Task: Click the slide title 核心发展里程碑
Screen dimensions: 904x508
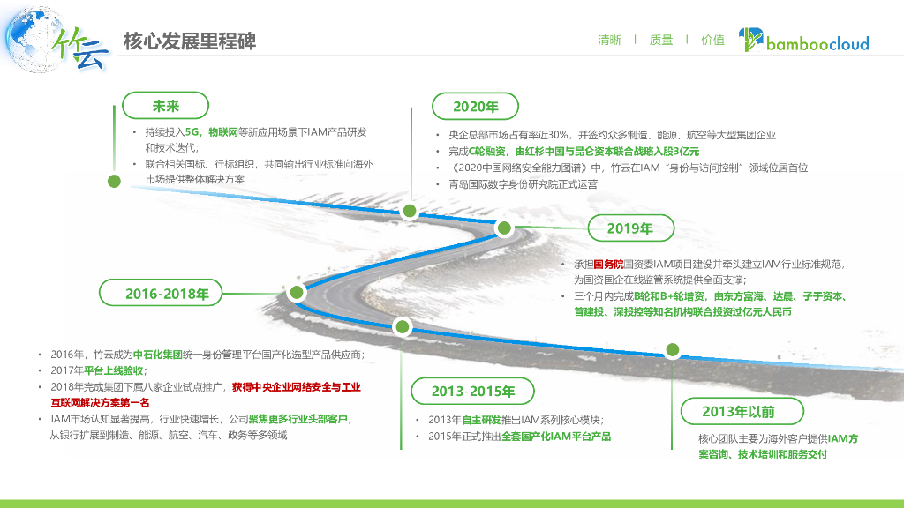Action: pos(190,41)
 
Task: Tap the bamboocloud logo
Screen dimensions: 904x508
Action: pos(803,41)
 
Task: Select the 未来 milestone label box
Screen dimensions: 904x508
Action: pos(166,106)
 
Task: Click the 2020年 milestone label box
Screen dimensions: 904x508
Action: pos(475,106)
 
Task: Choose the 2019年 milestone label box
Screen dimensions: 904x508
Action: pos(630,228)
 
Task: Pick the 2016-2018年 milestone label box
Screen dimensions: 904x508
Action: pos(167,293)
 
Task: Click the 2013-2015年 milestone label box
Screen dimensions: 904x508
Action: pos(473,391)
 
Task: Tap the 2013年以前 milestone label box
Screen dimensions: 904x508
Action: pos(741,411)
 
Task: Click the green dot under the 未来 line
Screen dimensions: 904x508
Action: pos(114,182)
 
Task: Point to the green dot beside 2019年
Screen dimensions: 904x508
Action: pos(504,228)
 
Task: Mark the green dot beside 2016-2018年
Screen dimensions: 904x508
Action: pos(297,293)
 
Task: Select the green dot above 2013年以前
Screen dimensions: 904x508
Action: pos(672,351)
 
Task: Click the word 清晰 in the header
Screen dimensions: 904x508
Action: pos(609,40)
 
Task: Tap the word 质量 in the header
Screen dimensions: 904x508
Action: pos(661,40)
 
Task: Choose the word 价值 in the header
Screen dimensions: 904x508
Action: pos(712,40)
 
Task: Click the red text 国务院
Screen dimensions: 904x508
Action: pos(608,264)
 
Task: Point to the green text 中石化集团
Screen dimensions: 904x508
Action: pos(157,354)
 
